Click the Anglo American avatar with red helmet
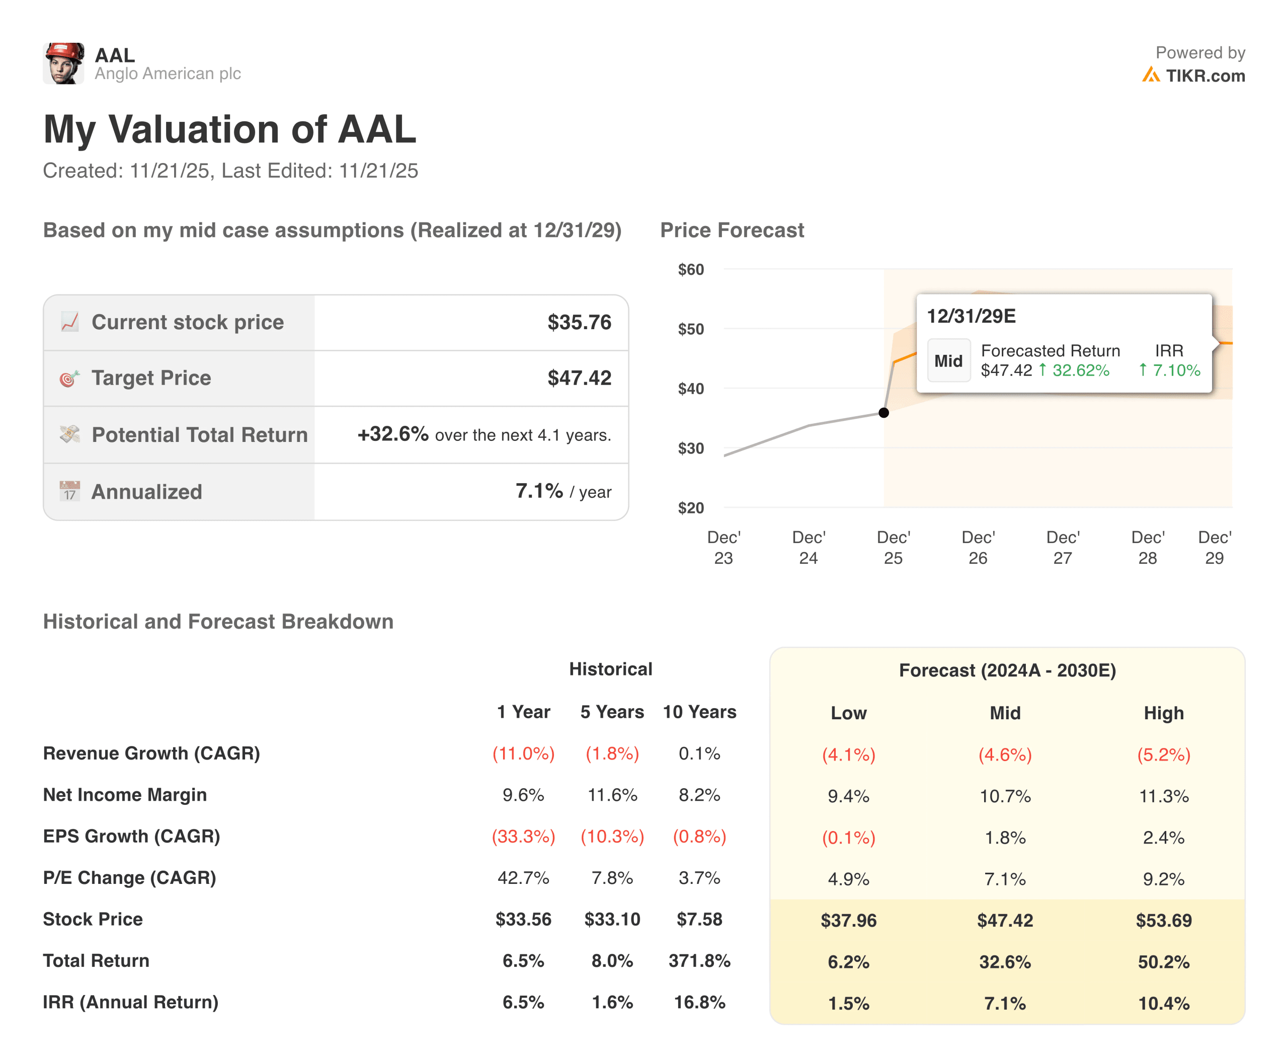[63, 63]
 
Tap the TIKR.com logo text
[1204, 76]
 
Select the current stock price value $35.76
[579, 323]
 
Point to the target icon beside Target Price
[69, 379]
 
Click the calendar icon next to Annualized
[69, 491]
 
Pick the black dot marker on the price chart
[883, 413]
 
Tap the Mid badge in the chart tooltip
[948, 361]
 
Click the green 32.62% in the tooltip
[1080, 370]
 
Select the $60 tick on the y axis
[691, 269]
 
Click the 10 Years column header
[699, 712]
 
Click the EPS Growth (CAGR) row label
[131, 837]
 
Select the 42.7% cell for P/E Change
[523, 878]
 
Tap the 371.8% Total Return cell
[699, 960]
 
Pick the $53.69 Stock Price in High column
[1163, 920]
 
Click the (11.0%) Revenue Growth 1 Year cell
[523, 753]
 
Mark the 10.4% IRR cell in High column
[1163, 1003]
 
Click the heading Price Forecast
[732, 231]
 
